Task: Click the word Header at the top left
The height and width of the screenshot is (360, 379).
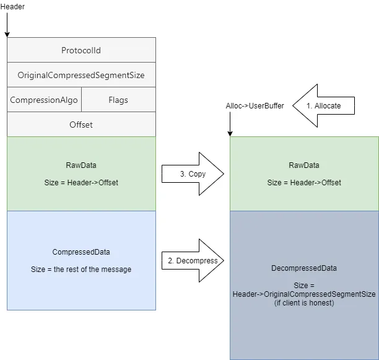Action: click(x=13, y=6)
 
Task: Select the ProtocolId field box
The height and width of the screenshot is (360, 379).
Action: click(x=81, y=50)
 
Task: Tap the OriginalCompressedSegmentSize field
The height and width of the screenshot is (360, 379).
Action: click(x=81, y=75)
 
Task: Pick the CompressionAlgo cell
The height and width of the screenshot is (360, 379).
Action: click(x=43, y=100)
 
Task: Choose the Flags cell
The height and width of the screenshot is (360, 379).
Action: click(x=118, y=100)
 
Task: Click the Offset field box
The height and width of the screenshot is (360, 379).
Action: click(x=81, y=125)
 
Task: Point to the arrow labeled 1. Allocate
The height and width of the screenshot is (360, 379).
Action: click(x=325, y=106)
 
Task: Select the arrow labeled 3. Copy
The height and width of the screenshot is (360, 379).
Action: click(x=192, y=174)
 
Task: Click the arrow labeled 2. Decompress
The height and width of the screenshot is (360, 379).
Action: click(x=192, y=261)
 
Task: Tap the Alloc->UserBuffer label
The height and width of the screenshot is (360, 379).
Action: click(x=255, y=106)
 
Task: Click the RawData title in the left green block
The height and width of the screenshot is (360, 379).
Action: click(x=81, y=165)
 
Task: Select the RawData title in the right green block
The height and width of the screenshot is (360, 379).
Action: click(x=304, y=165)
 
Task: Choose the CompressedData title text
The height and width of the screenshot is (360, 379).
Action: click(x=81, y=252)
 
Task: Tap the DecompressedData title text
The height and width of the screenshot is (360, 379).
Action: click(x=304, y=268)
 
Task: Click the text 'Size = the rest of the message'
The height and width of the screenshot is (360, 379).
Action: click(x=81, y=270)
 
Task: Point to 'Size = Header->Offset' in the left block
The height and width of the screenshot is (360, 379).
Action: click(x=81, y=183)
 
